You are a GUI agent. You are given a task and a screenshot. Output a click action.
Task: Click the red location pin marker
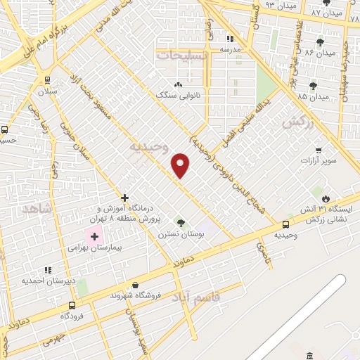click(181, 165)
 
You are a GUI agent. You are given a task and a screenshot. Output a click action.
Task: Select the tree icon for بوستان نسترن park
click(181, 223)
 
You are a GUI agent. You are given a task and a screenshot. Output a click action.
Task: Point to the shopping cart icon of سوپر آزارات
click(319, 150)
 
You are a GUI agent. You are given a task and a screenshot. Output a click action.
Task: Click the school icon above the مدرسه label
click(229, 39)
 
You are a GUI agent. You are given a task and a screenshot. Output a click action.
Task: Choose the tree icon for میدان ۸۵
click(313, 86)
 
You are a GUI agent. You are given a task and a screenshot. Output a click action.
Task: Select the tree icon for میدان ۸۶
click(320, 42)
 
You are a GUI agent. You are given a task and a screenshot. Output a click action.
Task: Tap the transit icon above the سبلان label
click(47, 80)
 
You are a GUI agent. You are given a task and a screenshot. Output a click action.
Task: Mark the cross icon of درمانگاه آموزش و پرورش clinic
click(124, 198)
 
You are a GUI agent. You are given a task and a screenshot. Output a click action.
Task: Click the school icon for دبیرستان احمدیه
click(48, 269)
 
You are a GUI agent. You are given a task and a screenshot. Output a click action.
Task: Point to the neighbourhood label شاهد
click(37, 210)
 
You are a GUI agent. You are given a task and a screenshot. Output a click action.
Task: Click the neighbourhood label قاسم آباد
click(214, 299)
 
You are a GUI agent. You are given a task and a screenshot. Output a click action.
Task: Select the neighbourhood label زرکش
click(295, 122)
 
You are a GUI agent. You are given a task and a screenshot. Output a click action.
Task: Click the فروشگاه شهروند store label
click(136, 295)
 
